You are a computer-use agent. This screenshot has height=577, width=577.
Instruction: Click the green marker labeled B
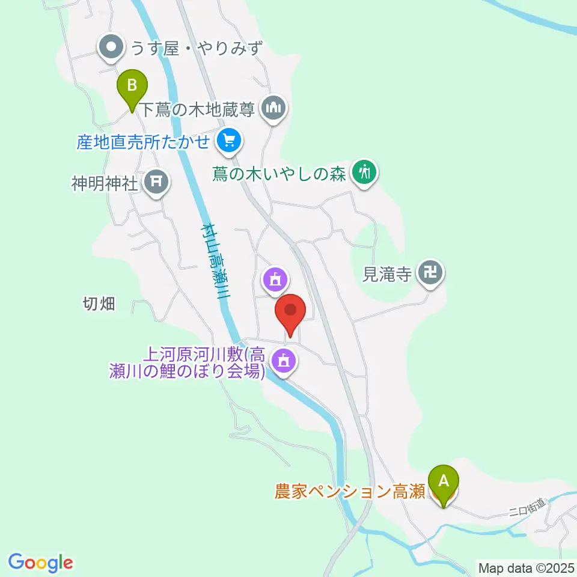132,88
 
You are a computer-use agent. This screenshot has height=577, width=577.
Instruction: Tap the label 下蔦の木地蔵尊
198,109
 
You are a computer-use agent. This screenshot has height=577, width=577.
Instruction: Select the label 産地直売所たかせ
143,142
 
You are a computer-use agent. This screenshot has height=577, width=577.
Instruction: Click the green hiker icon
364,173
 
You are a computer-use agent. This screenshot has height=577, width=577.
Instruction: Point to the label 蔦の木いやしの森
280,174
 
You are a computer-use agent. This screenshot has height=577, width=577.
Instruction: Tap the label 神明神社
105,183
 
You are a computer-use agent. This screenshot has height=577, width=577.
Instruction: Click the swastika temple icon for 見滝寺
430,273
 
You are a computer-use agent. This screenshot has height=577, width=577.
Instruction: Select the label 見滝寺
387,274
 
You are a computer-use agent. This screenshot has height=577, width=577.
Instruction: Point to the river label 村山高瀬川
216,259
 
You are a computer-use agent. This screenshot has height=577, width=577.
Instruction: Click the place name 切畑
99,304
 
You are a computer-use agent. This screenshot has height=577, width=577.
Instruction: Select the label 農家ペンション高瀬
350,492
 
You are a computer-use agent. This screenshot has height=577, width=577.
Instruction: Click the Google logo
41,563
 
